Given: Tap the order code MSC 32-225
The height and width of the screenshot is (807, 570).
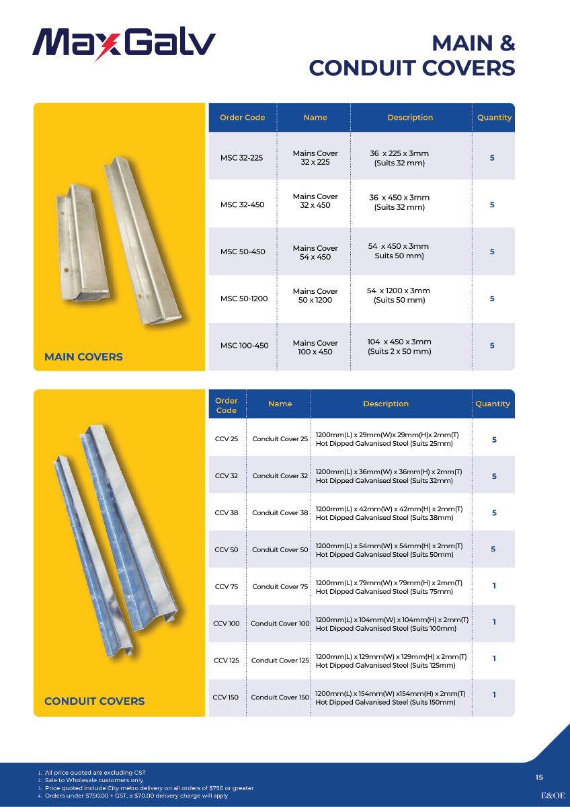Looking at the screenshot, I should [x=241, y=158].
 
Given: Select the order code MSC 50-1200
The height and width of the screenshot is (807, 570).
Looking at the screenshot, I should [x=244, y=299].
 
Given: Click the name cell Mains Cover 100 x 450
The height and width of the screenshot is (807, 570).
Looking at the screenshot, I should [x=315, y=347].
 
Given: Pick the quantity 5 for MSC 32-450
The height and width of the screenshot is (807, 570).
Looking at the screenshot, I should [x=492, y=204].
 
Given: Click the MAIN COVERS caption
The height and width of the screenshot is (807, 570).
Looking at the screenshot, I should [x=83, y=357].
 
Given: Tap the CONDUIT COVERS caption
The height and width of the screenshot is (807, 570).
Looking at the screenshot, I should [x=94, y=701].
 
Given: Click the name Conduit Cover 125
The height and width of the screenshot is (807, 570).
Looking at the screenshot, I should [x=280, y=660].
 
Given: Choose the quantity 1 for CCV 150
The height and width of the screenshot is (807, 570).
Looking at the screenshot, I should [x=494, y=695].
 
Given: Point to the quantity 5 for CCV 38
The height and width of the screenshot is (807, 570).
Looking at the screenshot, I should [x=494, y=512].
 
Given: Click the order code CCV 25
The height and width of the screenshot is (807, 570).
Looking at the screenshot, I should [x=227, y=439].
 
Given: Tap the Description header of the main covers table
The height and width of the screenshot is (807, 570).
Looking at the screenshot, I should [x=410, y=118].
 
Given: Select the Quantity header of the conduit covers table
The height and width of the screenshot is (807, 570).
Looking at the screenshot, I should [x=493, y=404].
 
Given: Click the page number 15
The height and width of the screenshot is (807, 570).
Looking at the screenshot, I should [x=539, y=777].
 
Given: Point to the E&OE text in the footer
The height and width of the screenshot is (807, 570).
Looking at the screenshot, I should [x=553, y=795].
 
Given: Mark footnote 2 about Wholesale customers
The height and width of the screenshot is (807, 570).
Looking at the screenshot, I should [x=93, y=780].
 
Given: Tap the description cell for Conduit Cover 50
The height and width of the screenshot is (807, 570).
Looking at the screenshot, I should [x=392, y=550].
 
